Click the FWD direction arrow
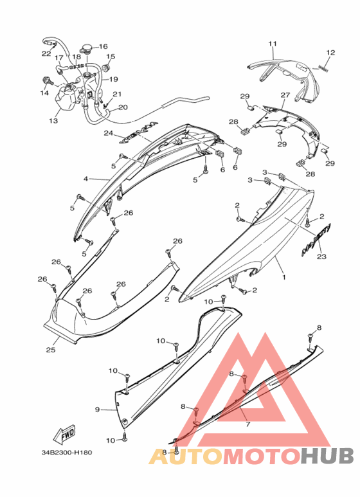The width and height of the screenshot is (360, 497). point(64,434)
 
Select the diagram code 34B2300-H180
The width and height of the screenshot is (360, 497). point(67,453)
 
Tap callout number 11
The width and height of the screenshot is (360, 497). point(273,44)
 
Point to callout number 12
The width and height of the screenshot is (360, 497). point(330,53)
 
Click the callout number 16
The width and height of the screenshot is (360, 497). point(104,46)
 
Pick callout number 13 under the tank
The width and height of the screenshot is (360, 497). point(53,121)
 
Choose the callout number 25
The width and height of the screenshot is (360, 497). point(51,350)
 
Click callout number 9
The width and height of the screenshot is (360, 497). point(97,410)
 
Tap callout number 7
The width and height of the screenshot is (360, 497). point(248,424)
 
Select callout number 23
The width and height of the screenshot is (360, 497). point(321,257)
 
